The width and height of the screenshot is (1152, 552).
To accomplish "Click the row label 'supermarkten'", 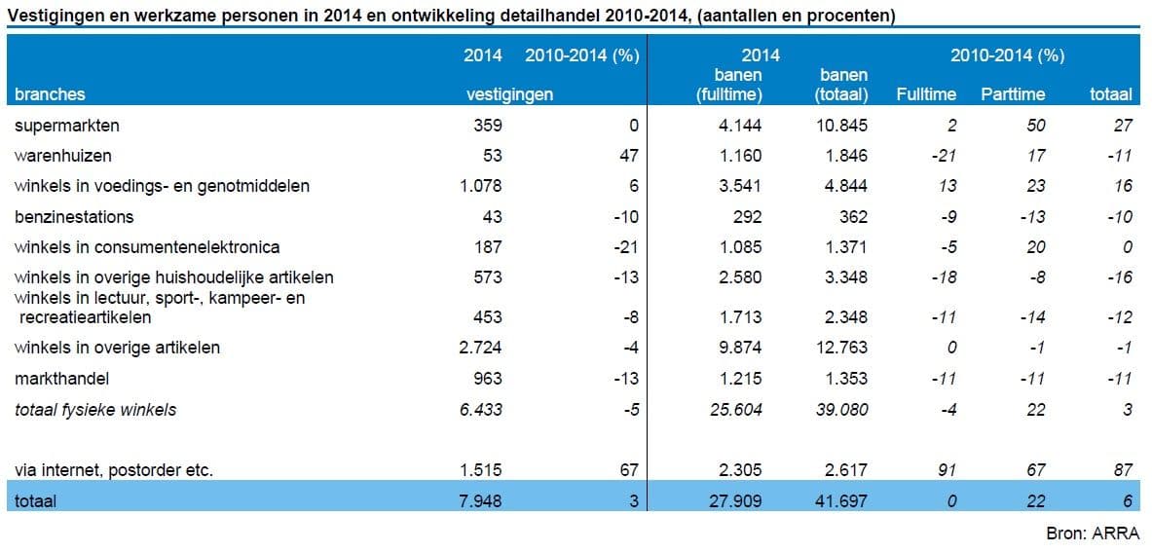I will pos(67,126).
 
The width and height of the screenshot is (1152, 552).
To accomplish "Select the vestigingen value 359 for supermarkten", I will pos(488,126).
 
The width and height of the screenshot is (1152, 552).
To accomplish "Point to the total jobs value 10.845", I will pos(840,126).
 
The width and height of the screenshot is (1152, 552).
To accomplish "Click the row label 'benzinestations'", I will pos(74,216).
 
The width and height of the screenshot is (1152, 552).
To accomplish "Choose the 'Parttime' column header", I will pos(1013,94).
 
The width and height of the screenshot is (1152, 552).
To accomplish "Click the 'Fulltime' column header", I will pos(925,94).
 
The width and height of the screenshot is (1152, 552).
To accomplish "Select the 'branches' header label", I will pos(50,94).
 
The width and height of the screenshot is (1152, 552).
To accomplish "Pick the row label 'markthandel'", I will pos(61,379).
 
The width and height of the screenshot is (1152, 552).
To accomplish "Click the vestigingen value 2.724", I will pos(481,348).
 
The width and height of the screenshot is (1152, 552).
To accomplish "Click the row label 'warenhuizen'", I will pos(63,156).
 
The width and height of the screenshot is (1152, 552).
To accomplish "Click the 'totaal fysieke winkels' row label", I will pos(95,410).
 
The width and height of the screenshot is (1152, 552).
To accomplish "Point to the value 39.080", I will pos(840,410).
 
